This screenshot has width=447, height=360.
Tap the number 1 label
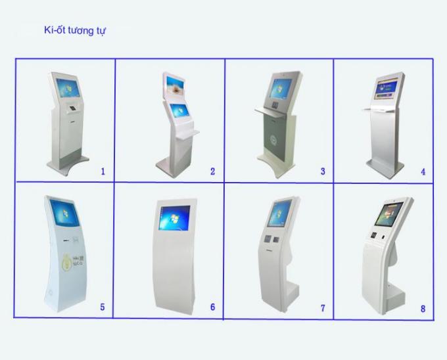coord(103,171)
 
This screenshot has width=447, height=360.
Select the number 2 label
coord(212,171)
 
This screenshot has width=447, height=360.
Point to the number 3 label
coord(323,171)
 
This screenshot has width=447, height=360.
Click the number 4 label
coord(423,172)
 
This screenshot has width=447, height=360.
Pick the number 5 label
coord(102,307)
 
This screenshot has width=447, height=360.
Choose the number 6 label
coord(212,307)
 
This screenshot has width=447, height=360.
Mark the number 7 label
coord(323,307)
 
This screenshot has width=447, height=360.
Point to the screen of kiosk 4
coord(390,89)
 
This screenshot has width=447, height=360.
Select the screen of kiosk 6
coord(175,219)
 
